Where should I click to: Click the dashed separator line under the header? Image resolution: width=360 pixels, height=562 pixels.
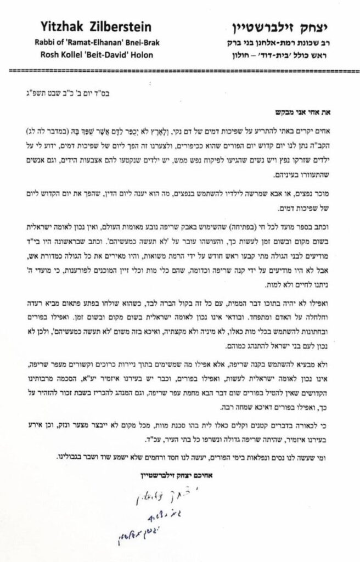click(179, 71)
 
